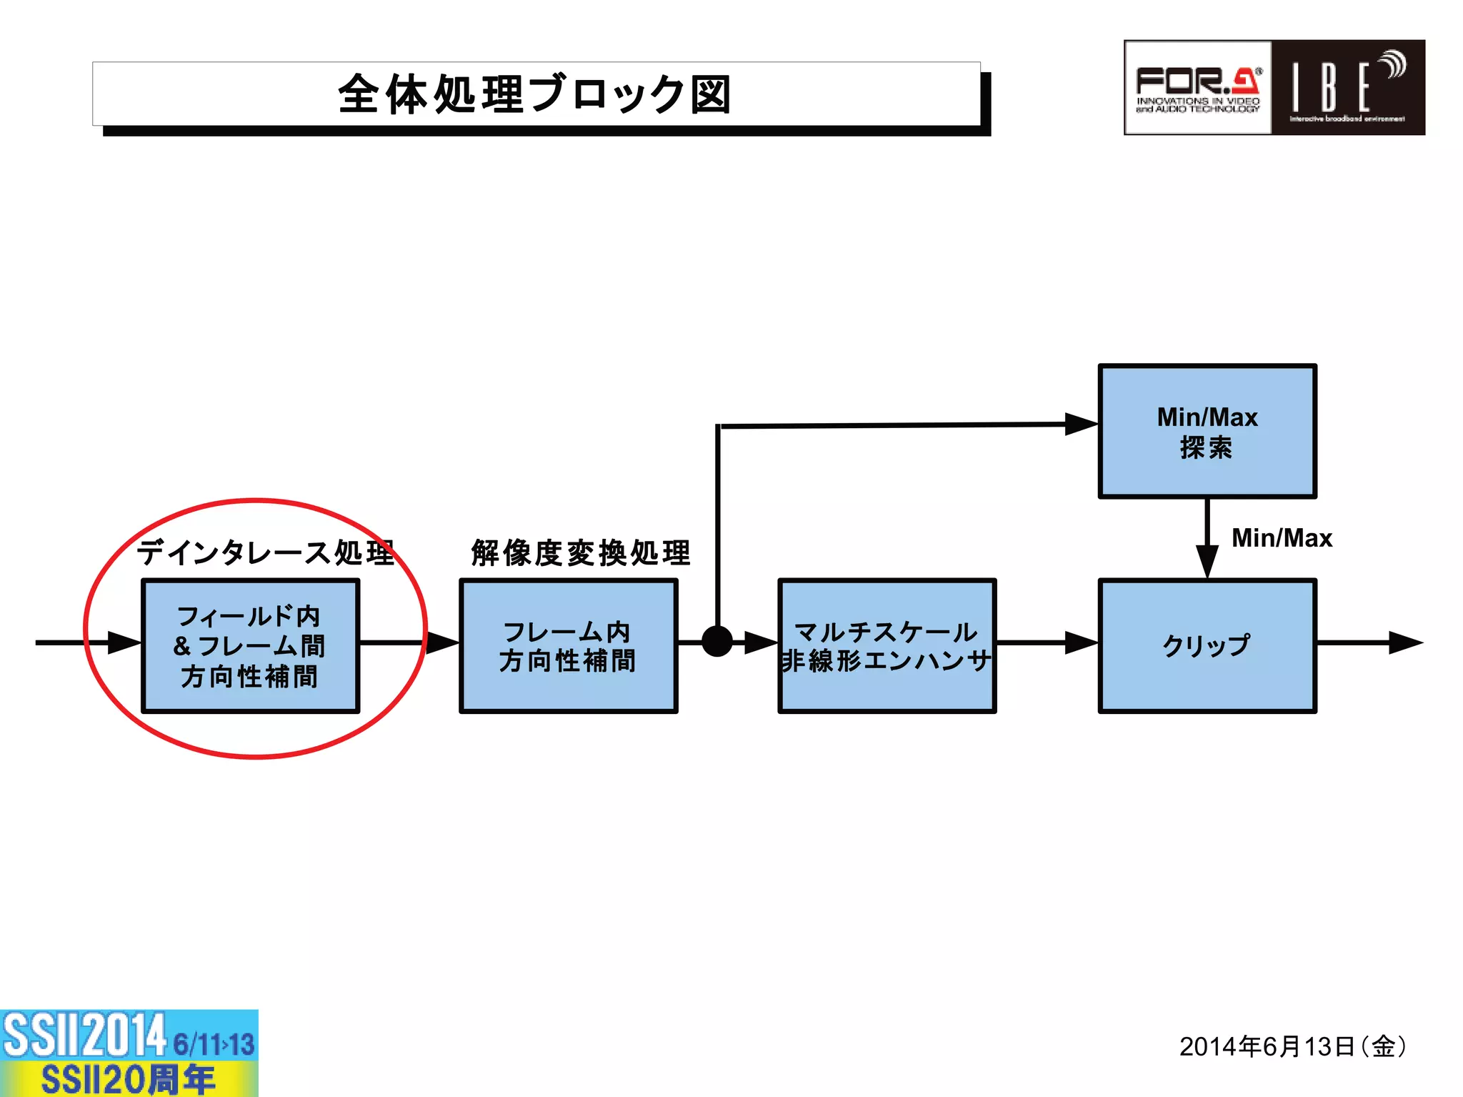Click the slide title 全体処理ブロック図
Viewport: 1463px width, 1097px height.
point(535,94)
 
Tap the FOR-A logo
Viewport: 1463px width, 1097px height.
point(1197,88)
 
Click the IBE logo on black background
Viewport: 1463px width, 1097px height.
point(1347,88)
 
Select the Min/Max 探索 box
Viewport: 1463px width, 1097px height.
point(1207,432)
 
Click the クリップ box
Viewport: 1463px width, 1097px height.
point(1207,645)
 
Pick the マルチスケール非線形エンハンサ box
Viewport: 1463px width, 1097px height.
point(887,645)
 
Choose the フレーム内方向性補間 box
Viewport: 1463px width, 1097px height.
point(568,645)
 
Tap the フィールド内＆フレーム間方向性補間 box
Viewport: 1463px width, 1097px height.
point(250,645)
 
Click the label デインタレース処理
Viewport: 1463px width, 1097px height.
point(266,552)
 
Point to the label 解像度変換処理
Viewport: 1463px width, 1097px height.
point(581,552)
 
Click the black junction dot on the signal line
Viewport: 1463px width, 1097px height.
point(717,641)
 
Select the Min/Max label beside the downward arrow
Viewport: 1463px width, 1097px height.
point(1282,537)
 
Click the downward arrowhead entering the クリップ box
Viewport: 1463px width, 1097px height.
point(1207,561)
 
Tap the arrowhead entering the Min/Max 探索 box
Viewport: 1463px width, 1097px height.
point(1081,424)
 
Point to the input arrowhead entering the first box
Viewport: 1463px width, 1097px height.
point(124,642)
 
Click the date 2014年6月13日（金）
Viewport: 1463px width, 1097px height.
point(1292,1046)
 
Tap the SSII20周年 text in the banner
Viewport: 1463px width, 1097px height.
point(129,1079)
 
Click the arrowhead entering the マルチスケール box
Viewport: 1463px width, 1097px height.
point(761,642)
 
